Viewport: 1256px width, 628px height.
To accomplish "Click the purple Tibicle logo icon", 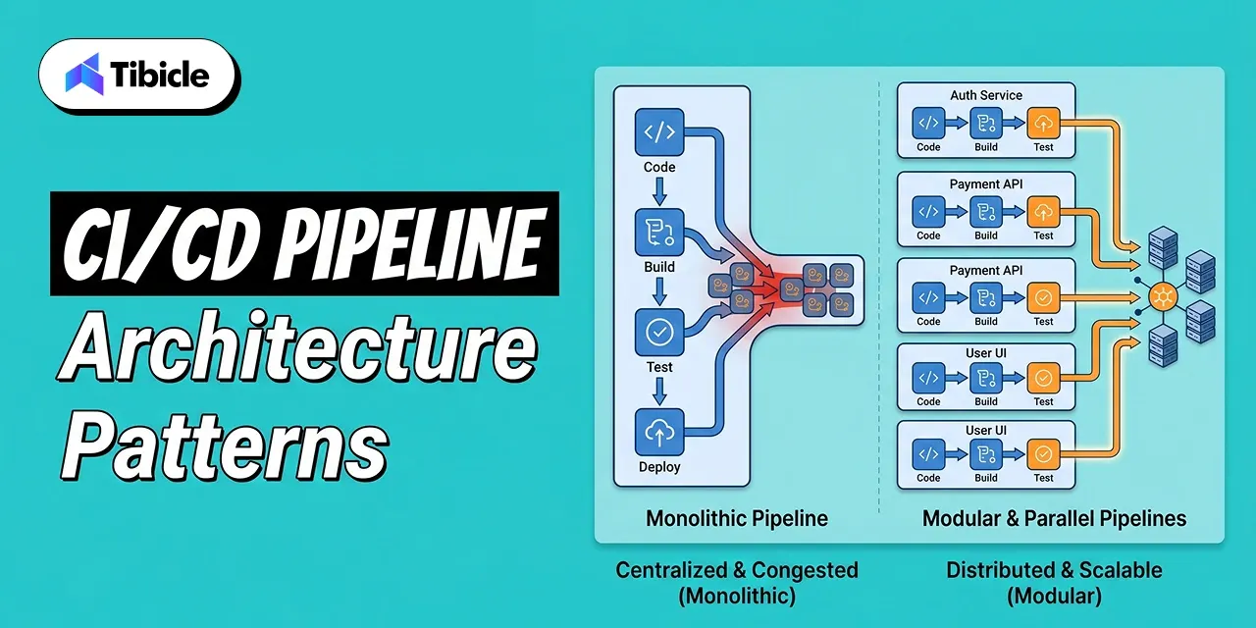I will pos(84,74).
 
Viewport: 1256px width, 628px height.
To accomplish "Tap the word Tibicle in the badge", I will pos(160,75).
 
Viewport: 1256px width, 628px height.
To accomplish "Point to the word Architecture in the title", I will pos(297,350).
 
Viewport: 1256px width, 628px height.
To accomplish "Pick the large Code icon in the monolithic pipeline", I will pos(659,131).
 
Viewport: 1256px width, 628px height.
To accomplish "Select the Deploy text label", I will pos(659,467).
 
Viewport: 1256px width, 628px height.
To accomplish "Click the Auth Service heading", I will pos(986,95).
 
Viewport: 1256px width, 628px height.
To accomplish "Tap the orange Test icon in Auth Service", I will pos(1043,123).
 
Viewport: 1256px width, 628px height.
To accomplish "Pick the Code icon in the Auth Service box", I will pos(928,123).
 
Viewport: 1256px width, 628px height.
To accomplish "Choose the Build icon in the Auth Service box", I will pos(986,123).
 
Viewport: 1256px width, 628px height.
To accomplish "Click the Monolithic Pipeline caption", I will pos(737,518).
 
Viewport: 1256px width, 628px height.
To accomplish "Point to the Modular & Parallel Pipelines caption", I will pos(1054,518).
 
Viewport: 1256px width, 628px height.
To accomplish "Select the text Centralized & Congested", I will pos(737,570).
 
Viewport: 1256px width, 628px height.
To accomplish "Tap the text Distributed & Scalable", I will pos(1054,570).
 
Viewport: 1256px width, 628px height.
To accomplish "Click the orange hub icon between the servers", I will pos(1164,295).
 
